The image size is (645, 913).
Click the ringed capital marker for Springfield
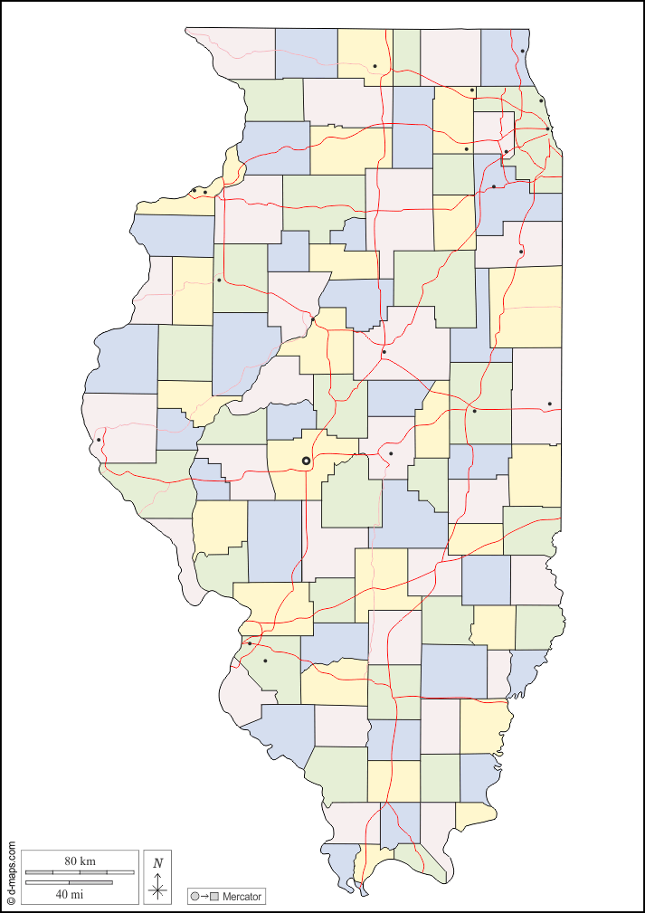tap(306, 461)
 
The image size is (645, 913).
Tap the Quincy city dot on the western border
tap(98, 441)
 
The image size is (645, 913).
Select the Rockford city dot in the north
tap(375, 65)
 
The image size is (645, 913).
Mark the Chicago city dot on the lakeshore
tap(548, 128)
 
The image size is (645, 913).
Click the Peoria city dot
tap(313, 319)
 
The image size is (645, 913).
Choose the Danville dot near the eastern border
tap(549, 404)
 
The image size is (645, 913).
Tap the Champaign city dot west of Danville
tap(474, 411)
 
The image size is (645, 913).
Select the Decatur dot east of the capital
tap(391, 453)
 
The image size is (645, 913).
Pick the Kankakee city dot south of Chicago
tap(521, 252)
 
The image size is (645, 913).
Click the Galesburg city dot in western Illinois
tap(219, 280)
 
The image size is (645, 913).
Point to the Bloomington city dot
tap(384, 352)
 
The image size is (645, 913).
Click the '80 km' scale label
tap(80, 860)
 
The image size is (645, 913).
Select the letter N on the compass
tap(158, 863)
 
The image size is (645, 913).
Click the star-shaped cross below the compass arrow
tap(158, 891)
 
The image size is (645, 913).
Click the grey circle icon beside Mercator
tap(194, 897)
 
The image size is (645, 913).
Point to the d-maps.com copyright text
tap(12, 873)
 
